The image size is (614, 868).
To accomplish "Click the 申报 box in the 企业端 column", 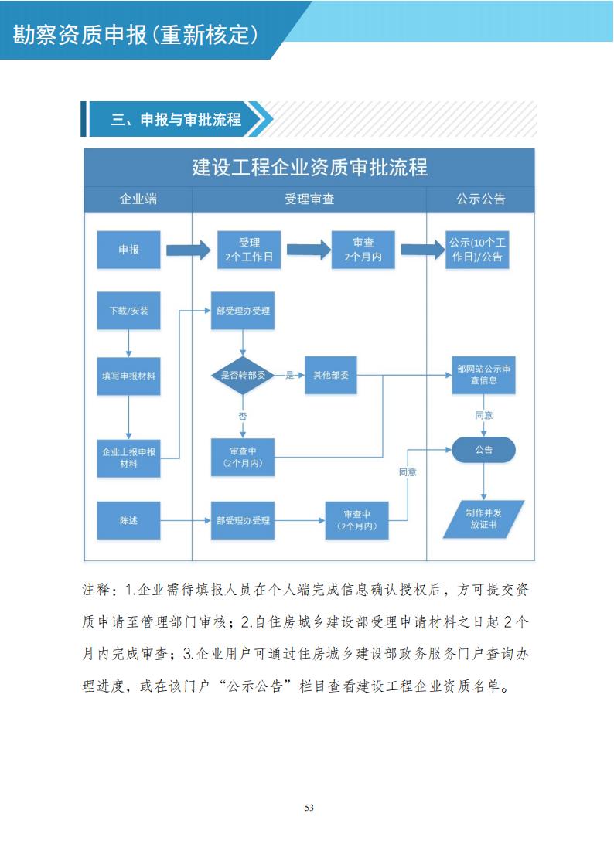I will click(x=128, y=250).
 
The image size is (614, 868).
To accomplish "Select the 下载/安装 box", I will click(x=128, y=311).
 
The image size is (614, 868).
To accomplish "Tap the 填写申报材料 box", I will click(x=128, y=376).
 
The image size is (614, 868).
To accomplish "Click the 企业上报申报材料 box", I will click(x=128, y=458).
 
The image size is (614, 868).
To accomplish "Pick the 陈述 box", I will click(x=128, y=520).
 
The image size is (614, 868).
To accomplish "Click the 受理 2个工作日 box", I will click(x=249, y=250).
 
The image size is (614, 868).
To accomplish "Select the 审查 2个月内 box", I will click(x=363, y=250).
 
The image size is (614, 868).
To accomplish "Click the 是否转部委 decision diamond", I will click(x=244, y=376).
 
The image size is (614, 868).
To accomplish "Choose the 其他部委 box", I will click(x=330, y=376).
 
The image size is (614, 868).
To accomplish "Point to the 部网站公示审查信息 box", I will click(x=483, y=375).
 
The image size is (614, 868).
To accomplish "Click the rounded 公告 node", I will click(x=483, y=450).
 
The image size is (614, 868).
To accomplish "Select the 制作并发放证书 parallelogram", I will click(x=484, y=519).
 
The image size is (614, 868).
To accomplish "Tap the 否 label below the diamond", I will click(x=243, y=416).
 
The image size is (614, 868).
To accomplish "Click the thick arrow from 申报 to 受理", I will click(x=188, y=250).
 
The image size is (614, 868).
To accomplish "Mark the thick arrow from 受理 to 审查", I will click(x=309, y=250).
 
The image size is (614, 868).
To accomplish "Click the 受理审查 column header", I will click(x=309, y=199).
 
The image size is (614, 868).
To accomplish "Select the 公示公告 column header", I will click(x=480, y=199).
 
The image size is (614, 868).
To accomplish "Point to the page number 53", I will click(x=309, y=808).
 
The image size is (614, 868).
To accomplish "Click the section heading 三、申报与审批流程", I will click(x=176, y=120).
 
